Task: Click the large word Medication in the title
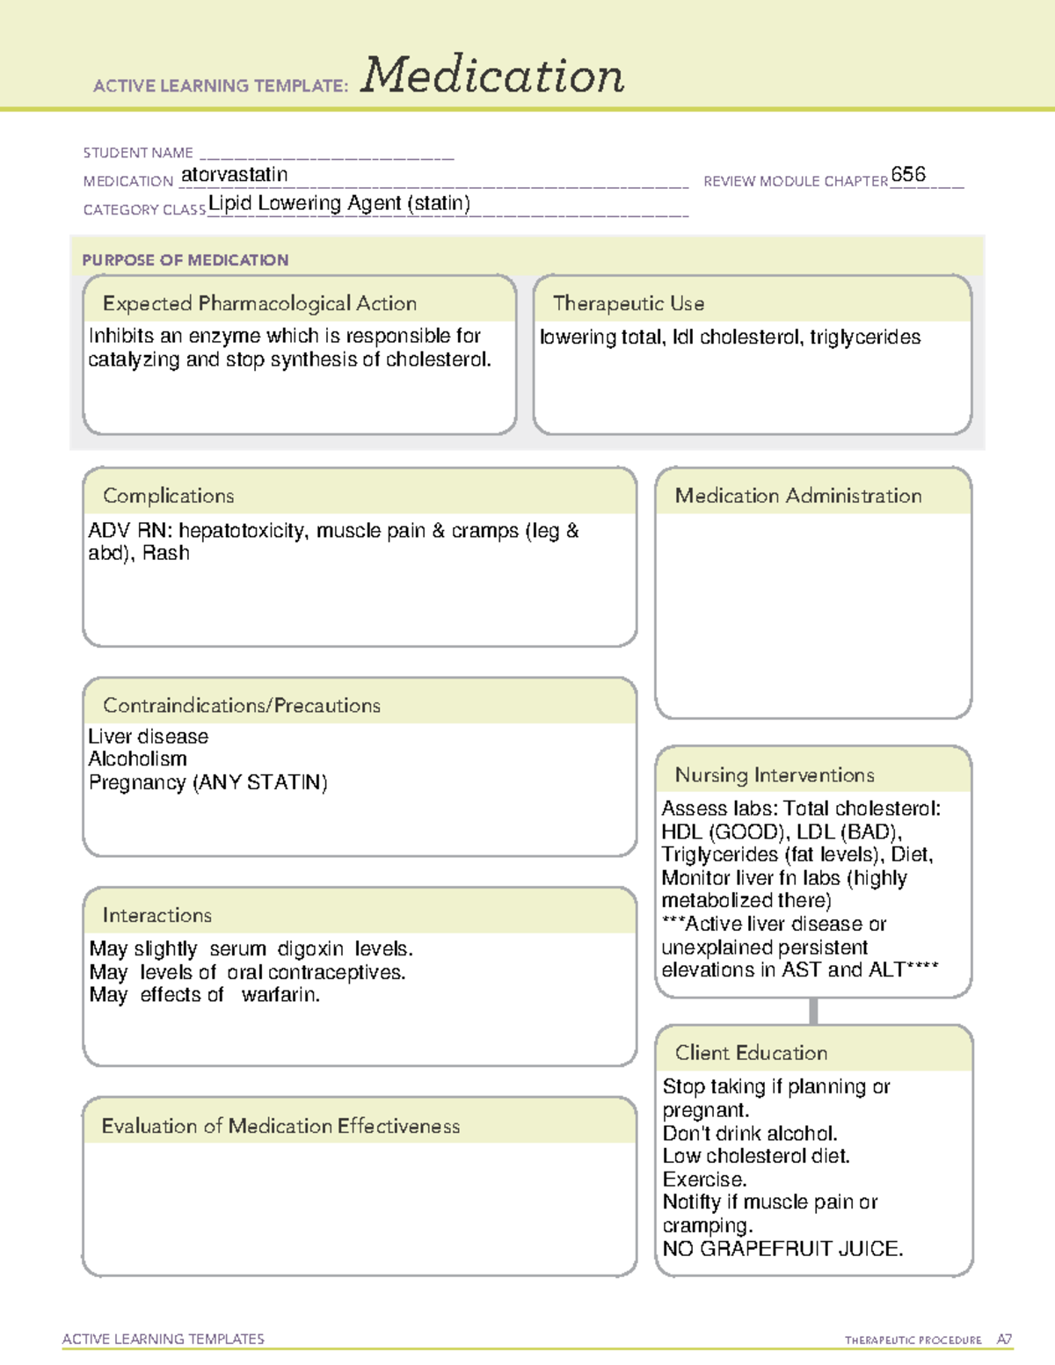point(492,76)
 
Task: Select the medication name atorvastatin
point(234,175)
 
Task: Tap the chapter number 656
point(908,174)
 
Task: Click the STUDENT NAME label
point(138,153)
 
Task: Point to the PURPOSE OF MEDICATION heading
point(186,260)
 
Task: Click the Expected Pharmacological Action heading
point(259,303)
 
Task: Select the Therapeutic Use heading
point(629,303)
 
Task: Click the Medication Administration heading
point(798,496)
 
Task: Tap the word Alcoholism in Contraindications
point(137,759)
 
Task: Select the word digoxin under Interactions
point(310,949)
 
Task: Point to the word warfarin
point(280,995)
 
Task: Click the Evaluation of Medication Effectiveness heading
point(280,1126)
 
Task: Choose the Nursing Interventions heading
point(775,775)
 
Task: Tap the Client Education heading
point(751,1053)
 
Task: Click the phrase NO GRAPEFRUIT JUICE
point(782,1249)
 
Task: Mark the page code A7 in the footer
point(1004,1340)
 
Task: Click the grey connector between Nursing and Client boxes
point(813,1011)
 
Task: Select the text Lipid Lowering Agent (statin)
point(339,203)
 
